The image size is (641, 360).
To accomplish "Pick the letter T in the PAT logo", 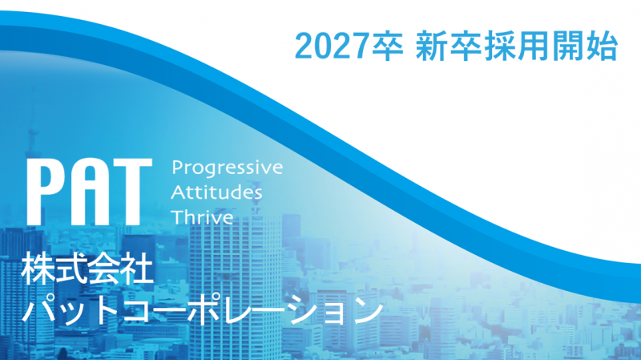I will point(132,192).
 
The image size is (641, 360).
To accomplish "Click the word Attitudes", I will point(218,193).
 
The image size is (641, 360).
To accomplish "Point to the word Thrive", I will point(204,217).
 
